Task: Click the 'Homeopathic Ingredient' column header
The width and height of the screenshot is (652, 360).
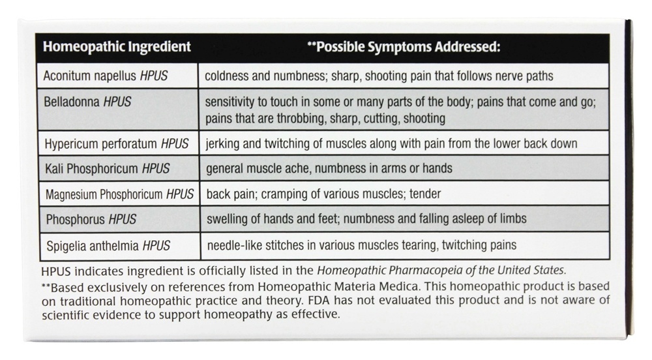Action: point(117,47)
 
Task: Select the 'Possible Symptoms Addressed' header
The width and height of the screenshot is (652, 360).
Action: point(404,47)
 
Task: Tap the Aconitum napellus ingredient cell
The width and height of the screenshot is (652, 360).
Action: point(106,76)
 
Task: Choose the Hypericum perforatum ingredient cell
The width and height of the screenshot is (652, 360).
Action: point(117,143)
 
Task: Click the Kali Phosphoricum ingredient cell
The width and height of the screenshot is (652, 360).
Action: point(108,168)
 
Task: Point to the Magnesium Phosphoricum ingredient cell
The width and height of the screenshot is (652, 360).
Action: point(119,194)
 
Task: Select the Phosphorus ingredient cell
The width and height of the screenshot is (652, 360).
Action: point(91,219)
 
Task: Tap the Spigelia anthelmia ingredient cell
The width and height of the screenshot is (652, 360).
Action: point(108,245)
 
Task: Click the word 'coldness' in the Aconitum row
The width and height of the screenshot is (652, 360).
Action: point(227,76)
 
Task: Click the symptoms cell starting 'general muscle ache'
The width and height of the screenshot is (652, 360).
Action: point(329,168)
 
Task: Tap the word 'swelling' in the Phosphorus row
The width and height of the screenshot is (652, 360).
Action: point(226,219)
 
